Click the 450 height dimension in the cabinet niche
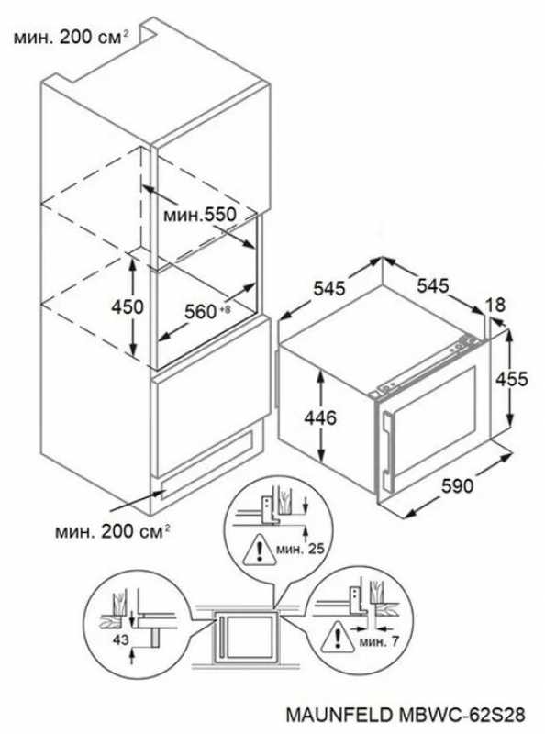tap(127, 307)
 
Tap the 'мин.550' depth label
tap(200, 215)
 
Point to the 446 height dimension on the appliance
tap(320, 417)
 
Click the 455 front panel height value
tap(512, 379)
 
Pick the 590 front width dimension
tap(458, 486)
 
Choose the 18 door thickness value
tap(495, 305)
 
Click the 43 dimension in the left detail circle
tap(120, 639)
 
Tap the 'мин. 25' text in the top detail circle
tap(300, 549)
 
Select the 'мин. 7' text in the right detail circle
tap(379, 641)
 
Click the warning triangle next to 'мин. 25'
tap(259, 550)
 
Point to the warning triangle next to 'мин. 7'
tap(338, 637)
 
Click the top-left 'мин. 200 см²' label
tap(72, 38)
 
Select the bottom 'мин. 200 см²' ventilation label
tap(112, 532)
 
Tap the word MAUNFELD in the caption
tap(339, 716)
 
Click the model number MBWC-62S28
tap(462, 716)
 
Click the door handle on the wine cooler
tap(386, 444)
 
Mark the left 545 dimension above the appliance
tap(329, 288)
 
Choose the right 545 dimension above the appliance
tap(433, 285)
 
